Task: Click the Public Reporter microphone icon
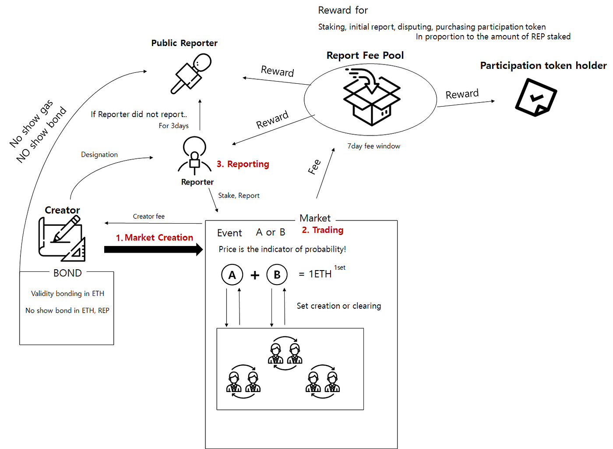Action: coord(191,73)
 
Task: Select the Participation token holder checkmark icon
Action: coord(535,97)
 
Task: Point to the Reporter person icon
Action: coord(195,156)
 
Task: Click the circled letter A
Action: coord(232,275)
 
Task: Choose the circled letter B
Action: coord(277,275)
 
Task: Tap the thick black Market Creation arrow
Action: coord(153,249)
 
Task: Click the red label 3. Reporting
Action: coord(243,164)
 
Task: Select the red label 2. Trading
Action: coord(323,230)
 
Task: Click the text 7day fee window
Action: coord(374,146)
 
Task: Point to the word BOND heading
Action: coord(67,273)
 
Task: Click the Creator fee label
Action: coord(149,217)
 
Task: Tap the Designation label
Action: coord(99,154)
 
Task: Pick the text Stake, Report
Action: coord(239,196)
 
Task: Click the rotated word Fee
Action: coord(314,167)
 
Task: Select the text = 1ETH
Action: coord(315,274)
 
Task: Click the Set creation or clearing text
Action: coord(339,306)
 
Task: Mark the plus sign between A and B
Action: coord(255,275)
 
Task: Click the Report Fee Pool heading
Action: coord(365,56)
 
